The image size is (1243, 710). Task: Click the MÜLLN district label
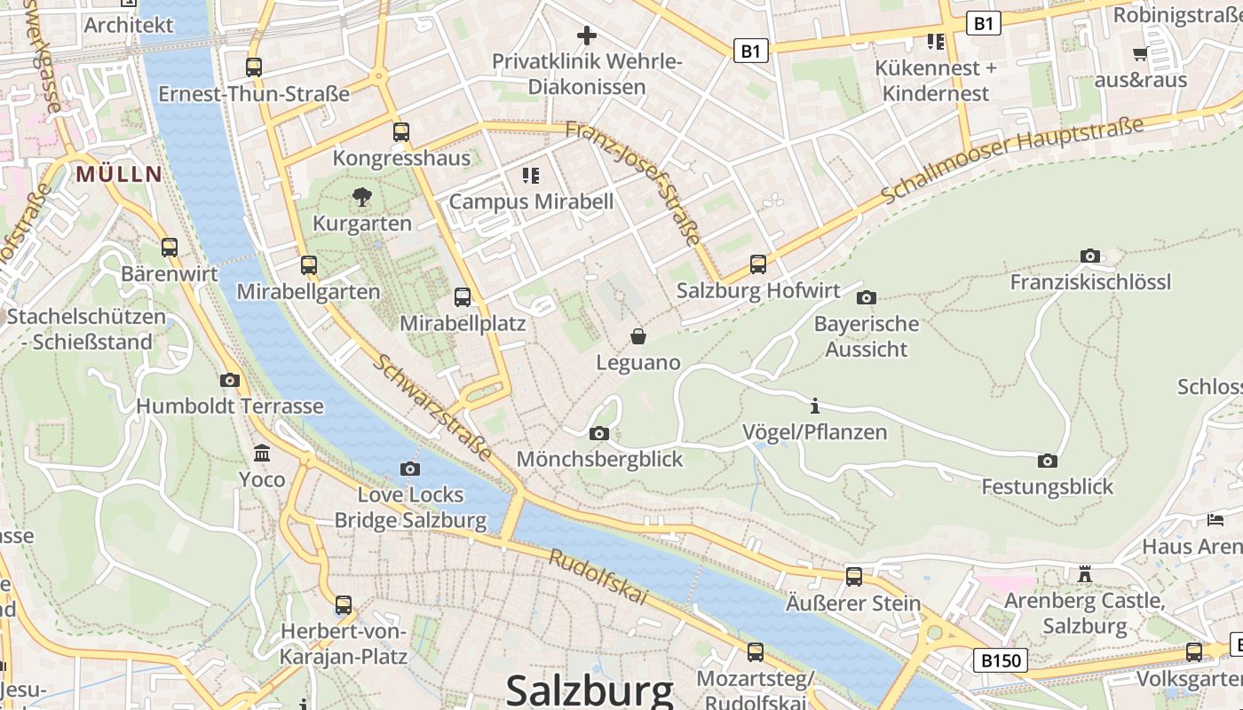119,174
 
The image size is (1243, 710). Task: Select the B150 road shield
1000,660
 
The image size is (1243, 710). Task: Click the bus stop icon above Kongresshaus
401,132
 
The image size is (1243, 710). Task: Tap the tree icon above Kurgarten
361,197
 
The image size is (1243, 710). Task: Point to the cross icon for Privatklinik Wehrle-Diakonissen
586,35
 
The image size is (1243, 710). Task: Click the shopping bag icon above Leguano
637,336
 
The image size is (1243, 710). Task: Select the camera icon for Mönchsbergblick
599,433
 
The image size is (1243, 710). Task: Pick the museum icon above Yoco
262,454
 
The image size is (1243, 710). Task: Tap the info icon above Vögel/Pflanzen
814,406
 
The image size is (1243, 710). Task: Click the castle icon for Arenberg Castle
1084,574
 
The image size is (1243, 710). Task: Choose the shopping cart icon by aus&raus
1140,54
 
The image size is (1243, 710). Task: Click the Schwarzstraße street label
432,407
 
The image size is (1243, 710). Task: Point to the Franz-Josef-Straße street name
633,183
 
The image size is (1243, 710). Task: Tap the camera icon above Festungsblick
1048,461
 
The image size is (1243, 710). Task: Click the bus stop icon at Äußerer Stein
853,577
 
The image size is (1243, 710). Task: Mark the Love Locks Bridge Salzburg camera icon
410,469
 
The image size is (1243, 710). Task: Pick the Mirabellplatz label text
463,323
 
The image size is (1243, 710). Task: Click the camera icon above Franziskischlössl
1090,256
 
